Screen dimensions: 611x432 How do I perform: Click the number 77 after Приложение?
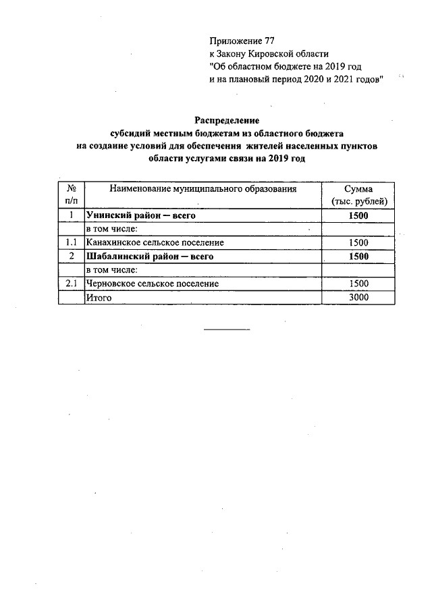tap(269, 42)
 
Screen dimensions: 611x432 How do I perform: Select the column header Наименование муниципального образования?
tap(202, 189)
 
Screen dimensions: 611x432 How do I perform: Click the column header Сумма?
tap(358, 189)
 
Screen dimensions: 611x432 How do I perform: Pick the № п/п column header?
tap(71, 195)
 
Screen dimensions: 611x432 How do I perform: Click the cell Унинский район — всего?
tap(137, 215)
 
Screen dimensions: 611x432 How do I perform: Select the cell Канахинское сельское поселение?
tap(155, 242)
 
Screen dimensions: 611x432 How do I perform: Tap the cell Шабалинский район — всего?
tap(144, 256)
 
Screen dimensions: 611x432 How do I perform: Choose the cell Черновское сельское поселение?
tap(152, 284)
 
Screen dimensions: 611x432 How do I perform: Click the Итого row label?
tap(97, 297)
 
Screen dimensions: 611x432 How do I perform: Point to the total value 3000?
tap(358, 297)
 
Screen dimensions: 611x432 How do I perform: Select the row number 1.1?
tap(71, 242)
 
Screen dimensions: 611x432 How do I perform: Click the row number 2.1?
tap(71, 284)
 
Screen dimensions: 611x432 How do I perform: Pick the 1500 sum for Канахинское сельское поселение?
tap(358, 242)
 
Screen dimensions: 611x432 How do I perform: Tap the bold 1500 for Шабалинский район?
tap(358, 256)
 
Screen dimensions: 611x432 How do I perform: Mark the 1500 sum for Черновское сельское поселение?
tap(358, 284)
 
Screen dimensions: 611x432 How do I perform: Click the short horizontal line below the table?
tap(227, 329)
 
